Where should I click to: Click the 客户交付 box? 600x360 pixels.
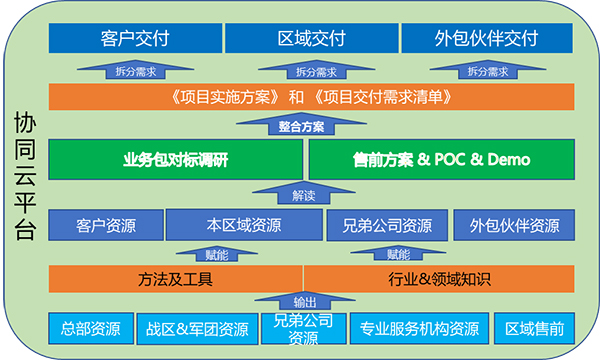[x=135, y=38]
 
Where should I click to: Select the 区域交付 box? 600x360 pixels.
[x=311, y=38]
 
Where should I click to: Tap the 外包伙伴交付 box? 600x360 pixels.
[x=487, y=38]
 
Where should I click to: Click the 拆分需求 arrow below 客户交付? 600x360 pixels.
[x=135, y=70]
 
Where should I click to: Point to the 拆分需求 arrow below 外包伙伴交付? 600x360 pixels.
[x=488, y=70]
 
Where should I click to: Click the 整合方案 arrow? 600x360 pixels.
[x=301, y=124]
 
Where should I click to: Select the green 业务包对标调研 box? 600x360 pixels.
[x=176, y=160]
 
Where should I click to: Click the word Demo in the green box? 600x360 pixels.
[x=509, y=160]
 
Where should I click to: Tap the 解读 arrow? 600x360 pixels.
[x=303, y=193]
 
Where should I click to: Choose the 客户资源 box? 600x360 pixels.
[x=106, y=225]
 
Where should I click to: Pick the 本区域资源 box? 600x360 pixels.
[x=244, y=225]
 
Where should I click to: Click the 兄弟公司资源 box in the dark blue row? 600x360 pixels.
[x=387, y=225]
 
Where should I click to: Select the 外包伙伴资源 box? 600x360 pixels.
[x=514, y=225]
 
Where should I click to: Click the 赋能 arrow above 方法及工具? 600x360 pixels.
[x=217, y=254]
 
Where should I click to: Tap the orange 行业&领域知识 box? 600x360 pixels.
[x=439, y=279]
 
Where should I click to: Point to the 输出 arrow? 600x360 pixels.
[x=305, y=301]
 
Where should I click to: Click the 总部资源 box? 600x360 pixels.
[x=91, y=328]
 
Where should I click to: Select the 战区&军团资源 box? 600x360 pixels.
[x=197, y=329]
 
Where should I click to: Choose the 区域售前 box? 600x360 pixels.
[x=535, y=328]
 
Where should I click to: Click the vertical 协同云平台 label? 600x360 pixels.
[x=25, y=176]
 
